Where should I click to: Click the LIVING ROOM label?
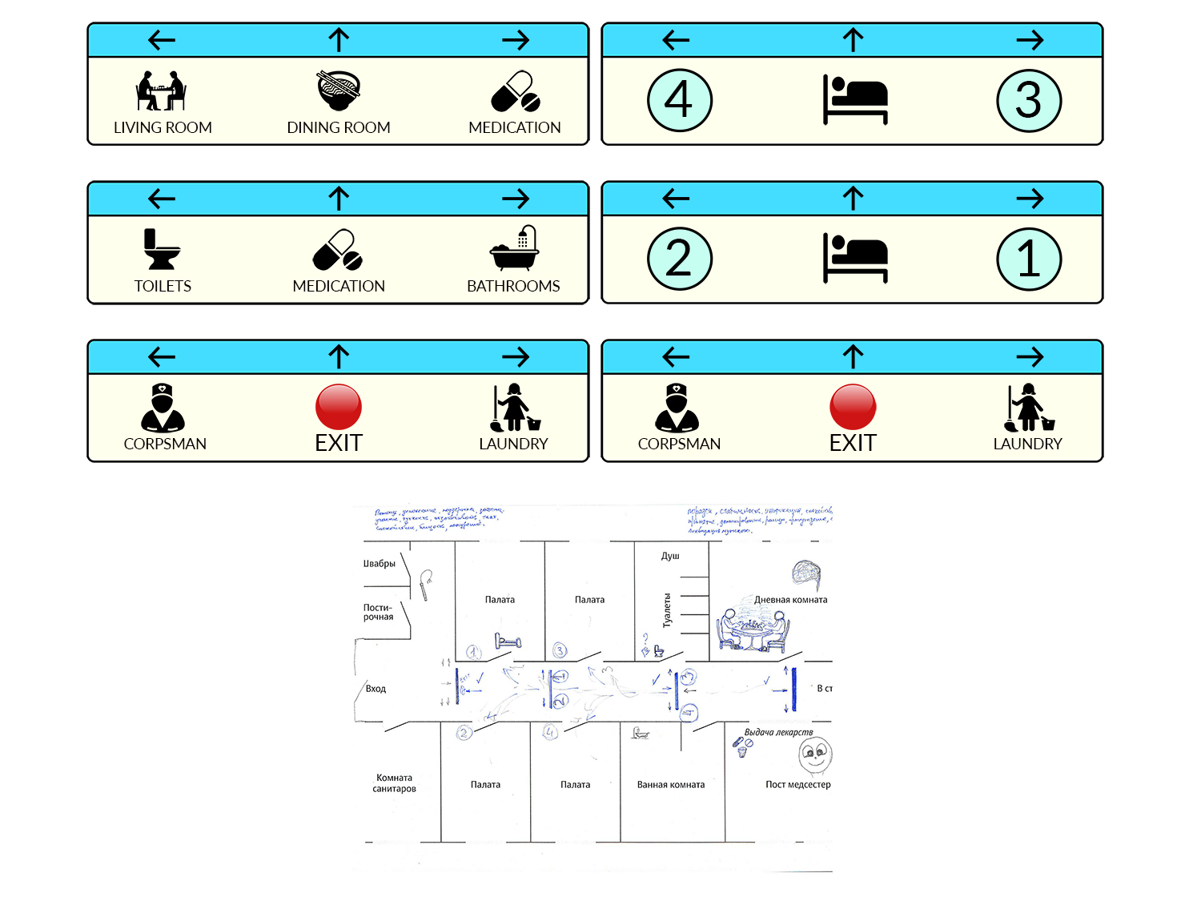[163, 127]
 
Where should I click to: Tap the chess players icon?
[161, 91]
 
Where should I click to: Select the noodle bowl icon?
[339, 91]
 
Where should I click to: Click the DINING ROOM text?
[339, 127]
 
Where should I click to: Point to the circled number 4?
[679, 100]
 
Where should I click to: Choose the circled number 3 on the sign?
[1029, 100]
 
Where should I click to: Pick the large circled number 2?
[679, 259]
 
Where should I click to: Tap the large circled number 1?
[1029, 259]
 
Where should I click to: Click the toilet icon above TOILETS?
[162, 249]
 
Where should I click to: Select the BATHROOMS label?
[513, 286]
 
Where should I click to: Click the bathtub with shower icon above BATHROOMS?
[514, 249]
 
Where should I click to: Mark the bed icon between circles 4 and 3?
[855, 99]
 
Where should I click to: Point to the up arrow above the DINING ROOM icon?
[339, 40]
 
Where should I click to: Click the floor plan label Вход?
[376, 689]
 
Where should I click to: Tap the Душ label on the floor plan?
[670, 556]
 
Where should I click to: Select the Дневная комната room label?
[790, 600]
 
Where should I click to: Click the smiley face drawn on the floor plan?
[815, 755]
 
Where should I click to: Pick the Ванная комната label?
[671, 785]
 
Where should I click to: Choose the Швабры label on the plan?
[380, 564]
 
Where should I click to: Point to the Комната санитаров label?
[394, 783]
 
